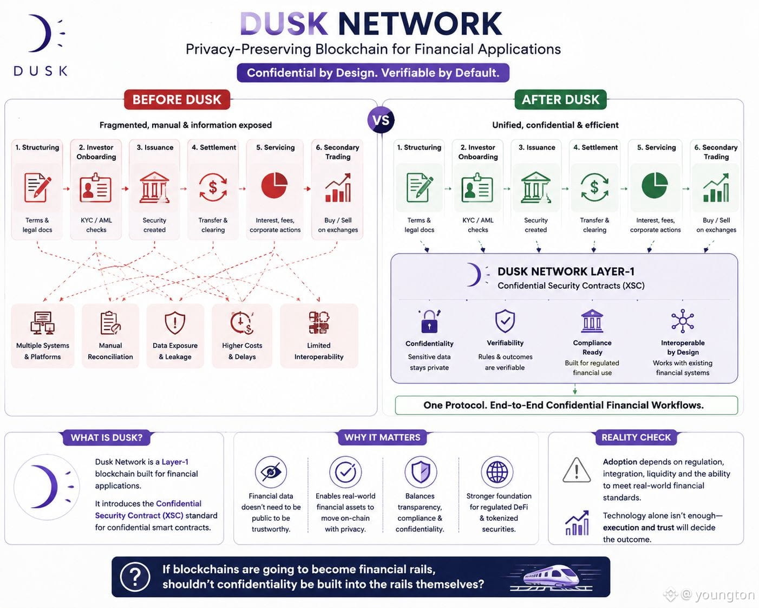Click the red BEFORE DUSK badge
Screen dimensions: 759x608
coord(176,100)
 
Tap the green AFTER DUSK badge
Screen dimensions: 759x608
coord(560,100)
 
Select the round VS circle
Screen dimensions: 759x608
coord(381,120)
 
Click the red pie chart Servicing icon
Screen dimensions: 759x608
coord(274,185)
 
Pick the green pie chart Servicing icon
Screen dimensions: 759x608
coord(655,185)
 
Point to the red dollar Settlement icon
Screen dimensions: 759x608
coord(213,187)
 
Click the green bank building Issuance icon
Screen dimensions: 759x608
coord(536,187)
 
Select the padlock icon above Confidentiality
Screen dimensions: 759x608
coord(429,321)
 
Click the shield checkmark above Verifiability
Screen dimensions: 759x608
coord(505,321)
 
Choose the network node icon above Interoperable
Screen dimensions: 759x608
coord(683,321)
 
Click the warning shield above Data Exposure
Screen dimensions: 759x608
coord(175,322)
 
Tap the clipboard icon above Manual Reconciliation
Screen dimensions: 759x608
coord(110,322)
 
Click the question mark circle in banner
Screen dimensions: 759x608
coord(135,577)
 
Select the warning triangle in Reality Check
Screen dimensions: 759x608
coord(577,470)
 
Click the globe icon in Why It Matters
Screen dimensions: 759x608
coord(497,472)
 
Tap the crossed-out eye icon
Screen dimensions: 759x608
coord(271,472)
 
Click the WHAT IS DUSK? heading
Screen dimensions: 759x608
coord(107,437)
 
